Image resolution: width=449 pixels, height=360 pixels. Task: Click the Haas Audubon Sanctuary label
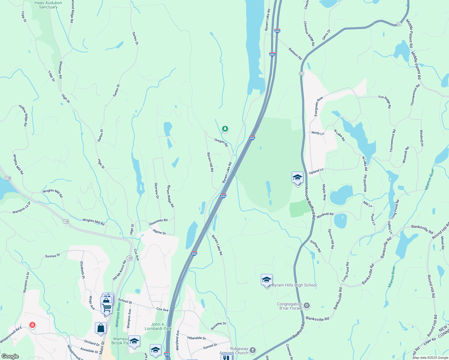coord(48,5)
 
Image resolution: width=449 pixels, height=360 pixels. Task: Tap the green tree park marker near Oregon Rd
coord(225,129)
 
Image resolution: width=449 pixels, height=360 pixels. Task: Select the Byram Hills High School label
coord(294,285)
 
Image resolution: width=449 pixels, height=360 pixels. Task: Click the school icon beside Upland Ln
coord(297,178)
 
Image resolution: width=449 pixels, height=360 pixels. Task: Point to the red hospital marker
coord(32,325)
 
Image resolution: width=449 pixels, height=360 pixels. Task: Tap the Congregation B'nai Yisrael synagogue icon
coord(306,306)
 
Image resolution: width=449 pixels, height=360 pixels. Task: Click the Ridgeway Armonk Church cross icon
coord(253,350)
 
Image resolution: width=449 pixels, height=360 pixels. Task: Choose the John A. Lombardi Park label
coord(158,326)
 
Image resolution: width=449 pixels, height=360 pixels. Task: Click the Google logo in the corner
coord(10,356)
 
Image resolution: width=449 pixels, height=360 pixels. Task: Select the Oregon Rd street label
coord(221,142)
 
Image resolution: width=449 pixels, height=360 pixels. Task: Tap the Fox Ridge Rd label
coord(385,101)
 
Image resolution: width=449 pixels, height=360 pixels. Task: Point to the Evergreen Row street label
coord(318,106)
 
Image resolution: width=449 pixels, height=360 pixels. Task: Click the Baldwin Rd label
coord(295,54)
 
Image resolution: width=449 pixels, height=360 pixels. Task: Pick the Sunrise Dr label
coord(53,256)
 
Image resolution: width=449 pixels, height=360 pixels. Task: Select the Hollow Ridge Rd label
coord(23,115)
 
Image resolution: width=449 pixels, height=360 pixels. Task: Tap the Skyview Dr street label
coord(156,190)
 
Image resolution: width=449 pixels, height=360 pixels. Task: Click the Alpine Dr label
coord(159,232)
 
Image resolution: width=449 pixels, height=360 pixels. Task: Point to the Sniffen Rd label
coord(315,246)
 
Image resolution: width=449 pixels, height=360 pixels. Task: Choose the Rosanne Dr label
coord(218,326)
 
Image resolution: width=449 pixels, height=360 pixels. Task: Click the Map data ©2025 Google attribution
coord(430,358)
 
